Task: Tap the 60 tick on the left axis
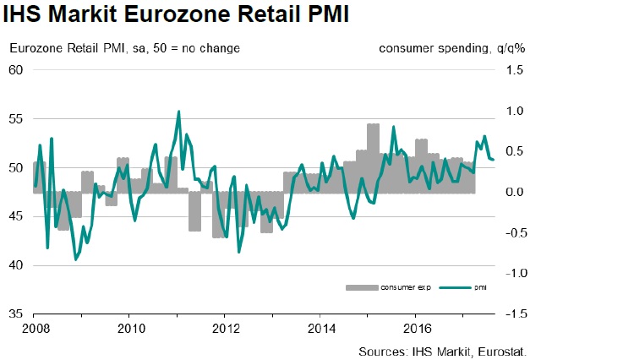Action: [16, 70]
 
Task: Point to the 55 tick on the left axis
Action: [16, 119]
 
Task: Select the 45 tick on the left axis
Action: [16, 216]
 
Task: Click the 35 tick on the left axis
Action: [16, 314]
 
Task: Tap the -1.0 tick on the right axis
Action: [514, 273]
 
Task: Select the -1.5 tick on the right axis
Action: [514, 314]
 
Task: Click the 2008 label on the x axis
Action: [34, 327]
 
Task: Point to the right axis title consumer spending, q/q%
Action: [452, 47]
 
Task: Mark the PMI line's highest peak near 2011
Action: [178, 112]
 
